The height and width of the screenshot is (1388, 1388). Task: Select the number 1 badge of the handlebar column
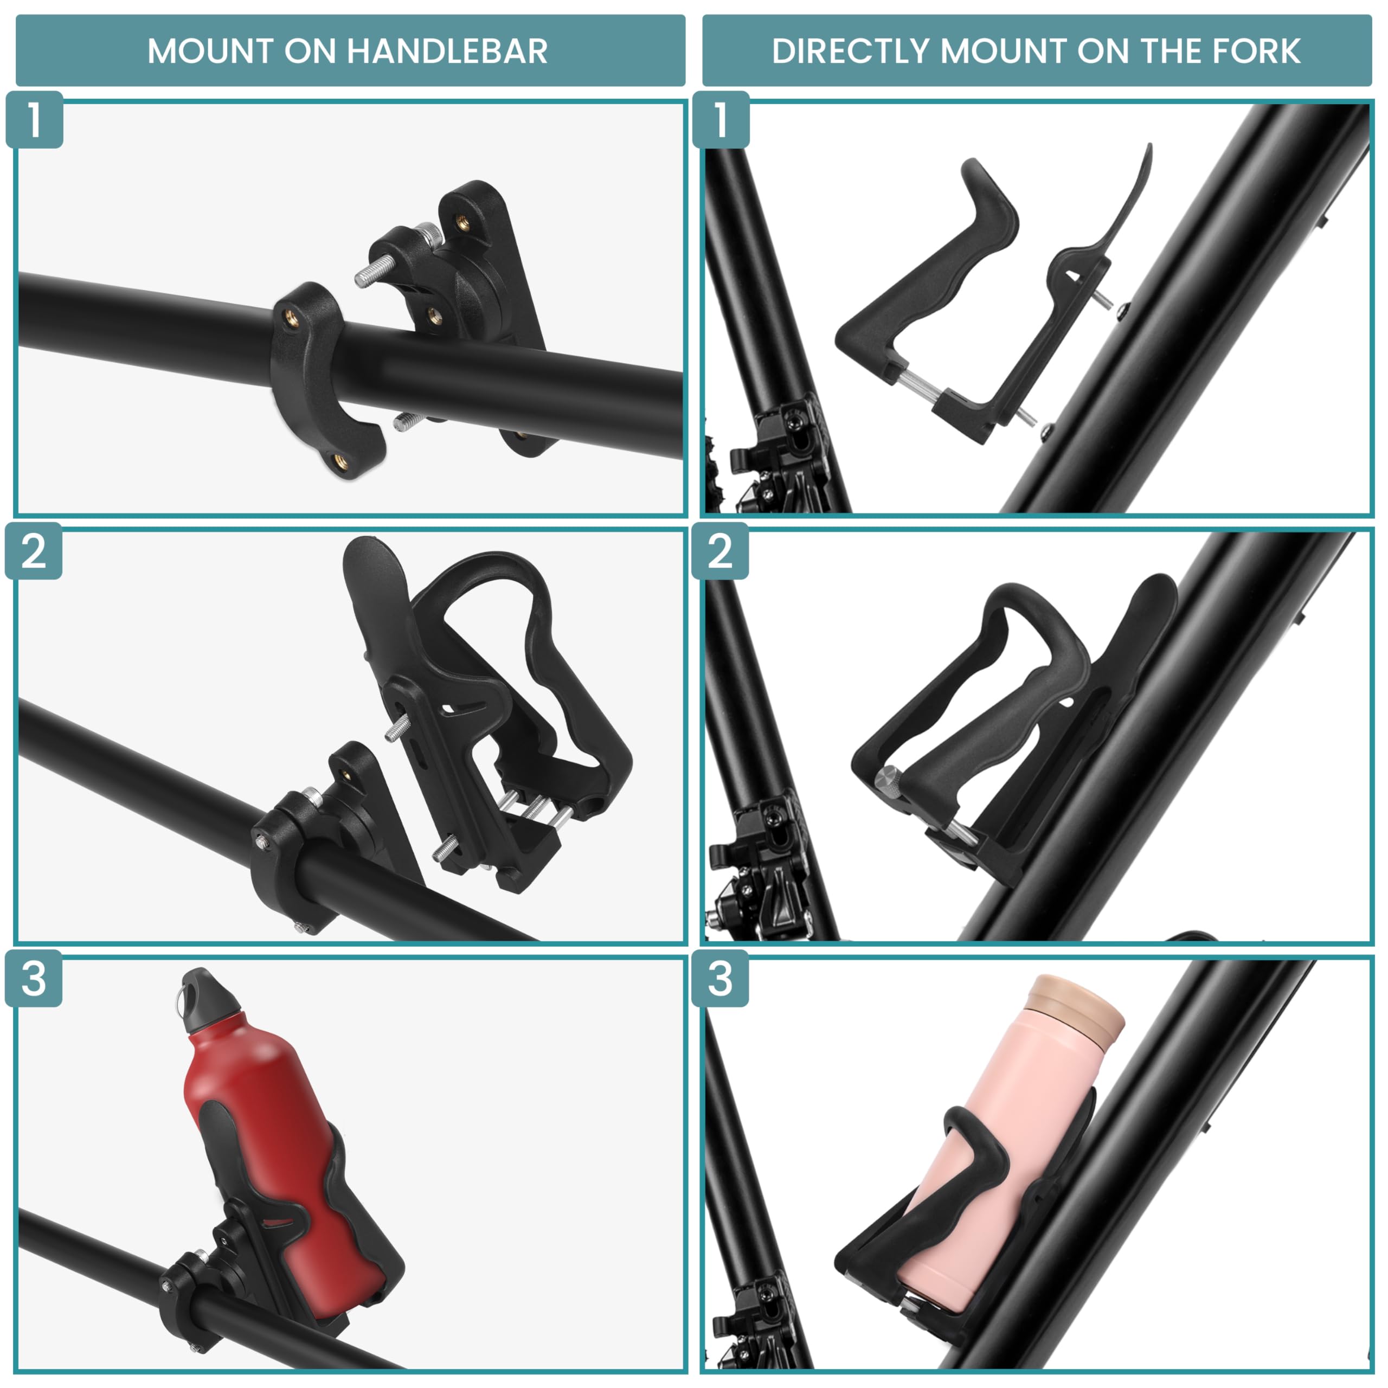[34, 119]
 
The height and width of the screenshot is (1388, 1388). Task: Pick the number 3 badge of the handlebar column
[34, 979]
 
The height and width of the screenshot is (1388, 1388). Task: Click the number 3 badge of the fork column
[720, 979]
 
